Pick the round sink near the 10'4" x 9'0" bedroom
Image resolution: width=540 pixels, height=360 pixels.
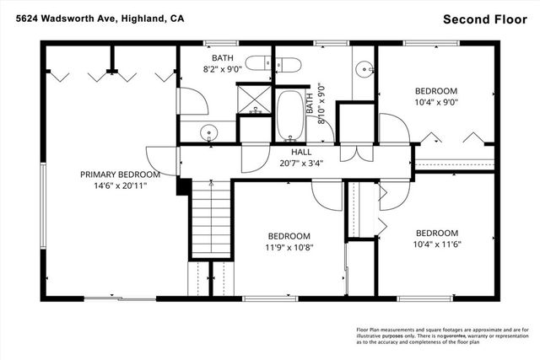(364, 68)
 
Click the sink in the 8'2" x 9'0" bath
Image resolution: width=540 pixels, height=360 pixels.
(209, 132)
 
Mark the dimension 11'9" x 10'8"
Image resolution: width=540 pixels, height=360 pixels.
(289, 248)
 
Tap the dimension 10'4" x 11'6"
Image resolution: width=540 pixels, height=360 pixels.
(436, 245)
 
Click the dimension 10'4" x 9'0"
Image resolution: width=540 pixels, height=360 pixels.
(436, 104)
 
